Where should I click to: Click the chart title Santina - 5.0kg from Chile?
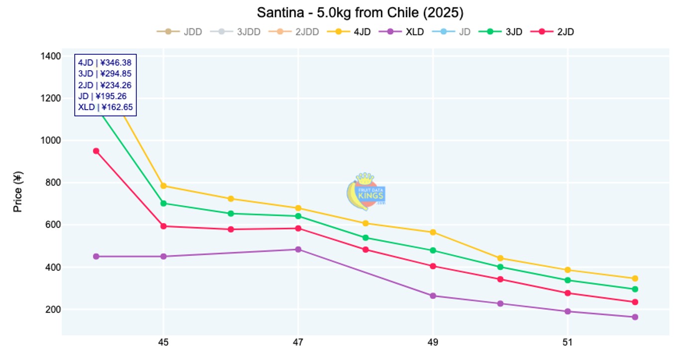360,12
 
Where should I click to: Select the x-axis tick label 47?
298,343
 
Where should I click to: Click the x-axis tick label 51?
567,343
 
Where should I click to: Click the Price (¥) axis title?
18,192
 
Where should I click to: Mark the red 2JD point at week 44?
96,151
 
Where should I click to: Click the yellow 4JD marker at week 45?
163,186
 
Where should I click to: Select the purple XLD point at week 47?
298,249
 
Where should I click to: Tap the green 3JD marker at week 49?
433,250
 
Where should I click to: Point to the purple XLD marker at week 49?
433,296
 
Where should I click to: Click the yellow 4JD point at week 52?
635,278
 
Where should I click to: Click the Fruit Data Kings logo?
366,192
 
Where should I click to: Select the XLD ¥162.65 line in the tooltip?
105,107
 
